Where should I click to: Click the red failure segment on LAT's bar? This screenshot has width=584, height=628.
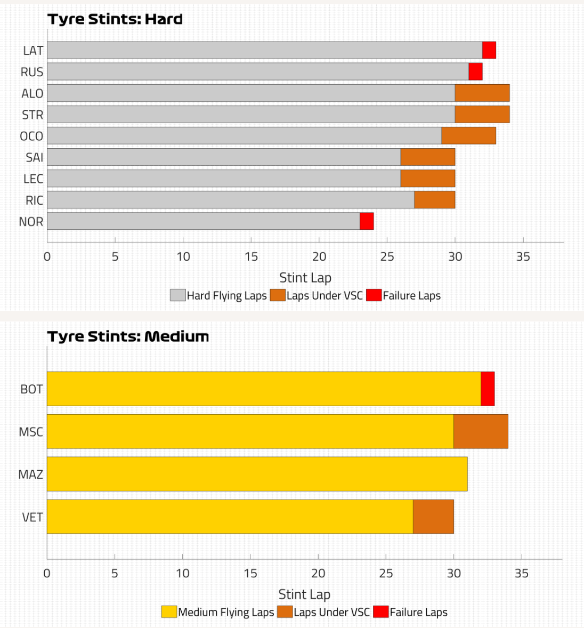coord(489,50)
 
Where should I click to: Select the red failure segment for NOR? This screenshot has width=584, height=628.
coord(367,221)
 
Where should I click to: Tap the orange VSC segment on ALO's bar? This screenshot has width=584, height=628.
coord(482,93)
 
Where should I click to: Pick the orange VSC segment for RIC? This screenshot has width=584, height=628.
coord(435,200)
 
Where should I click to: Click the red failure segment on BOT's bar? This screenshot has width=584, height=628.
coord(488,389)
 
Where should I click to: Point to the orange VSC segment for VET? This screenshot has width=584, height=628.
coord(433,517)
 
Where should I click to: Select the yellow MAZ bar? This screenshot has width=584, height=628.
coord(257,474)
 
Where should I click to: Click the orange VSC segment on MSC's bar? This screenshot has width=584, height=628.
coord(481,431)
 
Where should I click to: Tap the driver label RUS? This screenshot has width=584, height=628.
coord(32,72)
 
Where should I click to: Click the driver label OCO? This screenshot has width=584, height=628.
coord(31,136)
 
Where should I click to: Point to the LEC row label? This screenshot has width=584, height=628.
coord(33,179)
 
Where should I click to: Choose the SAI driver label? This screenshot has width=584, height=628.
coord(34,157)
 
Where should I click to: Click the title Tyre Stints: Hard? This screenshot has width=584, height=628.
coord(115,20)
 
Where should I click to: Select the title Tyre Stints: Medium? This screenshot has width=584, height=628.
coord(128,337)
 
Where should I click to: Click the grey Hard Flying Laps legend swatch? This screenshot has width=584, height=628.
coord(177,295)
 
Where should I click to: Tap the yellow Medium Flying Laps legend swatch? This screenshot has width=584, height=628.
coord(169,612)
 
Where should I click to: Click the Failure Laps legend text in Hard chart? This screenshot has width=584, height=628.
coord(411,296)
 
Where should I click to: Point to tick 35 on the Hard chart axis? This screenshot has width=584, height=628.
coord(523,257)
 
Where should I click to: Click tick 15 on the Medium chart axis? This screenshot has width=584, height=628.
coord(250,574)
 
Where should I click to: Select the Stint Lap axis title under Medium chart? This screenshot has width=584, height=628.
coord(304,594)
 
